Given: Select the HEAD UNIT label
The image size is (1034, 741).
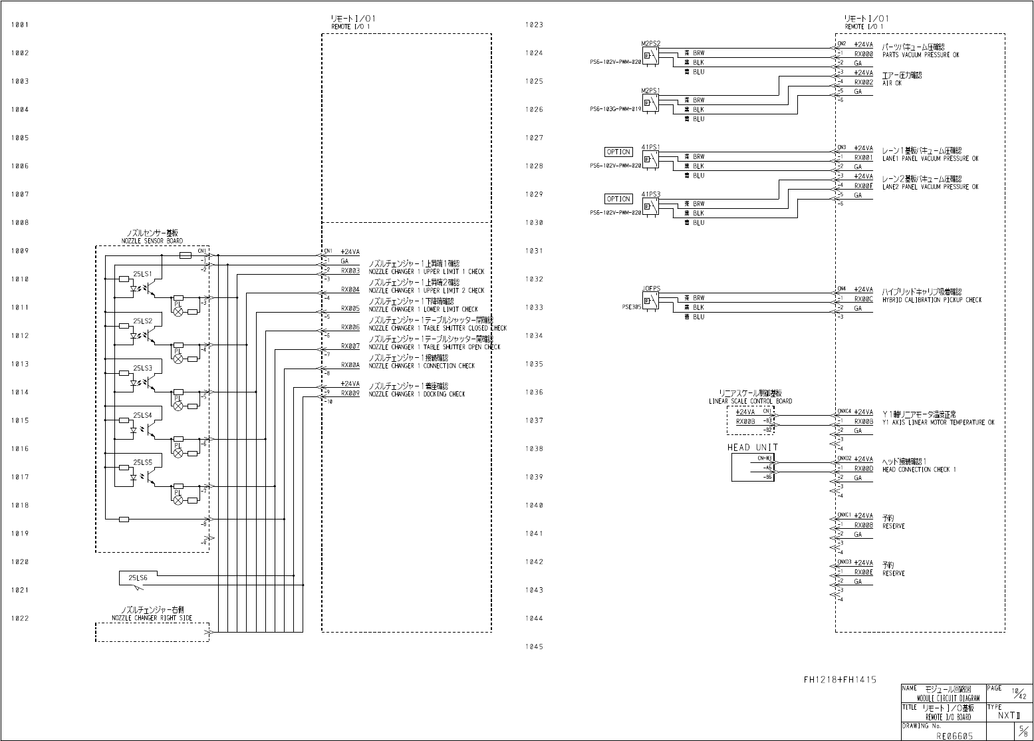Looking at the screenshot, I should [x=752, y=448].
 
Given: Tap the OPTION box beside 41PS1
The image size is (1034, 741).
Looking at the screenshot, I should [x=618, y=152].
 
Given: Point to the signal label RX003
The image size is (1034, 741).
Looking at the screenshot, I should [x=350, y=271].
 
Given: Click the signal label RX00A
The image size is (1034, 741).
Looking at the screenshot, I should [x=350, y=365].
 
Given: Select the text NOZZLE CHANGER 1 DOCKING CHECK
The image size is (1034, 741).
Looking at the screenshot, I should [x=417, y=394].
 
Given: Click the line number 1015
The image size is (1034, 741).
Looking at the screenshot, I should [x=20, y=420].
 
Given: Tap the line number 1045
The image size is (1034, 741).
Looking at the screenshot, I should [x=534, y=647].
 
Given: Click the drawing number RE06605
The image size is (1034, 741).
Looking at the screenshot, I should [x=955, y=736].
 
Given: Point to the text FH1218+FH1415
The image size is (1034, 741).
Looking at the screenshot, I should [x=840, y=680].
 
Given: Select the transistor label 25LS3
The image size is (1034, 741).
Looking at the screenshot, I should [x=142, y=368].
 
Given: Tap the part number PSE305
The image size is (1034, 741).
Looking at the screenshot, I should [x=631, y=308].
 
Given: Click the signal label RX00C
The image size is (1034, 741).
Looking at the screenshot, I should [x=863, y=299].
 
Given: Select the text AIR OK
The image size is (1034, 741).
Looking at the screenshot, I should [x=892, y=84].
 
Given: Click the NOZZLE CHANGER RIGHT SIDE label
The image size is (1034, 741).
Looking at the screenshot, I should [x=152, y=618].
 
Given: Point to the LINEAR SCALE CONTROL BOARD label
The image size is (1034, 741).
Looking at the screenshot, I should [x=750, y=401].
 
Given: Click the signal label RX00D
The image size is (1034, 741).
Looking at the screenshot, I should [x=863, y=469].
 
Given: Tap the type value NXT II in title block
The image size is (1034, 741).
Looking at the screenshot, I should [x=1008, y=716].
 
